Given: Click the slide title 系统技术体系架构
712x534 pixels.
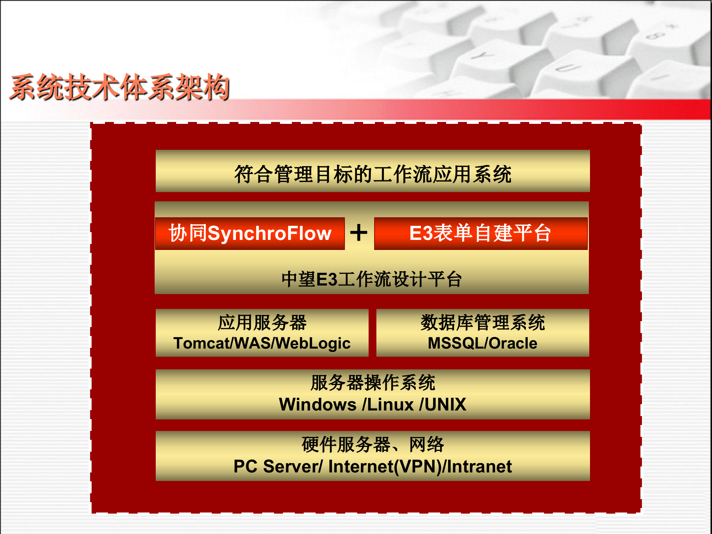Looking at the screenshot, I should (119, 88).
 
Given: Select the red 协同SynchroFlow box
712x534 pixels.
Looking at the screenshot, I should (250, 234).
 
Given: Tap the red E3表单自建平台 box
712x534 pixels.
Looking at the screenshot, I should (481, 234).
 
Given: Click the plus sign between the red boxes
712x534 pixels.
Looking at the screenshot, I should (359, 233).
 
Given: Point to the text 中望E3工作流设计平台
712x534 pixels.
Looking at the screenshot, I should (372, 279).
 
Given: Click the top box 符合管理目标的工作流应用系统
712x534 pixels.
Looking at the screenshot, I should (372, 174).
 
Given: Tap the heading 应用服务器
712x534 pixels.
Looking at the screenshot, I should (262, 323).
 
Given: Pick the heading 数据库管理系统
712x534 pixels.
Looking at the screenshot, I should (482, 323).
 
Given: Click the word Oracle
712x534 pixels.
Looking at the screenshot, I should (513, 343).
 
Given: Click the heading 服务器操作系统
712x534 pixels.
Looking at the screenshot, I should (372, 383).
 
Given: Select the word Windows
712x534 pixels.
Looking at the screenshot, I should (317, 405).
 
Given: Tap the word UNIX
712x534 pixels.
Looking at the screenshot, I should (445, 405).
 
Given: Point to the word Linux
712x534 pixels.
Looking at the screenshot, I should (390, 405).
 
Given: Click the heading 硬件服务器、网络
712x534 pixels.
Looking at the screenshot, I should (372, 445).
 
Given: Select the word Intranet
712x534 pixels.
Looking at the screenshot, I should (479, 467).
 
